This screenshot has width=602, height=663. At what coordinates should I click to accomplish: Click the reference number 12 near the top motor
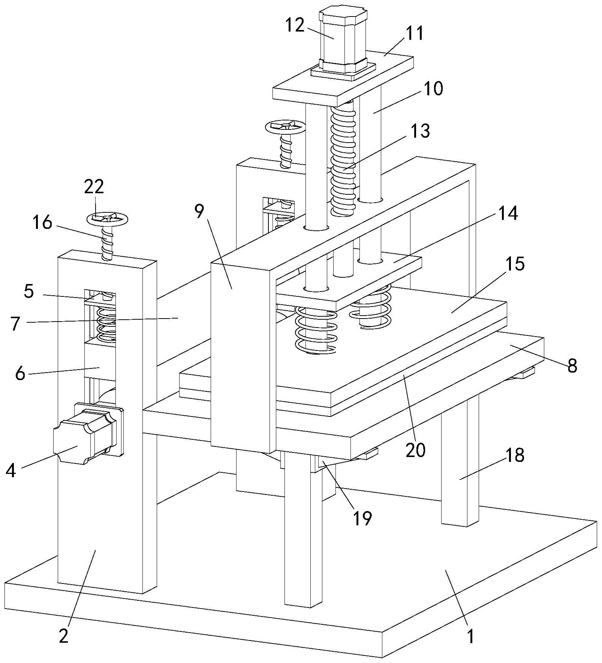295,26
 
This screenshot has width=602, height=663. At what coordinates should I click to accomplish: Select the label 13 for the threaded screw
420,131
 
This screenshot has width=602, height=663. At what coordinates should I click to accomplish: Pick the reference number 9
200,212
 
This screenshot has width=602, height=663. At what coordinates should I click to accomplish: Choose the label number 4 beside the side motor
11,471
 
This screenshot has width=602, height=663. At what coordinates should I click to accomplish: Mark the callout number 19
362,518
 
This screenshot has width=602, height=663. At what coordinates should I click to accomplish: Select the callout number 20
416,450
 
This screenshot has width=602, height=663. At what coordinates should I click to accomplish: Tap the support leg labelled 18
460,460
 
